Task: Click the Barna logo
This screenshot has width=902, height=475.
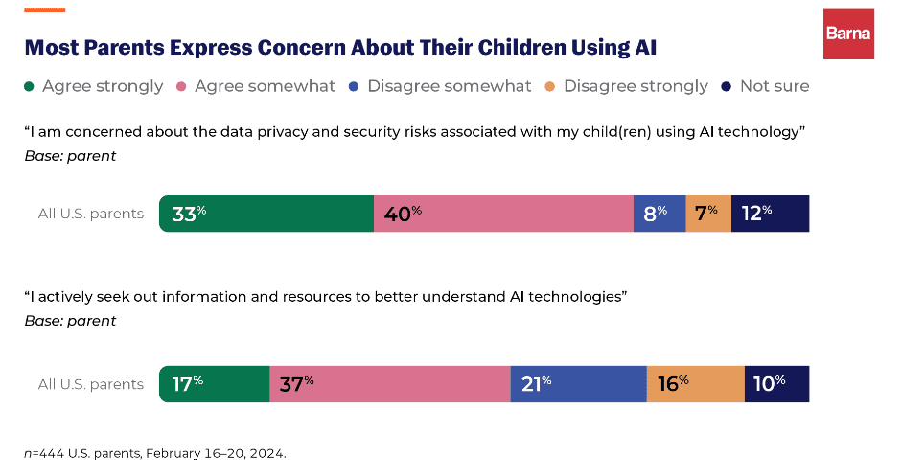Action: pyautogui.click(x=848, y=34)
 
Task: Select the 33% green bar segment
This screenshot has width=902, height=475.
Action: pyautogui.click(x=266, y=214)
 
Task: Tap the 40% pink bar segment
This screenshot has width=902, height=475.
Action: pyautogui.click(x=503, y=214)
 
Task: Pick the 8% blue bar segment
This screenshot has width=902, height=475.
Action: pyautogui.click(x=659, y=214)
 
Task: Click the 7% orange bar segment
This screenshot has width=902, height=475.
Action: pyautogui.click(x=708, y=214)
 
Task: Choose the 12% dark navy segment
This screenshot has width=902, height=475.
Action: pyautogui.click(x=770, y=214)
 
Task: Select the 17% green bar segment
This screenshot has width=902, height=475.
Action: pyautogui.click(x=215, y=384)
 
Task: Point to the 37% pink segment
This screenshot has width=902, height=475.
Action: pyautogui.click(x=389, y=384)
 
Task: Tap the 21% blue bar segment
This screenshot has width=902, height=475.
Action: pyautogui.click(x=578, y=384)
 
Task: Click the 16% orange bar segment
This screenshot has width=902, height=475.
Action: pyautogui.click(x=696, y=384)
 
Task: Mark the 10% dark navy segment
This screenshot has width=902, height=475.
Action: pyautogui.click(x=776, y=384)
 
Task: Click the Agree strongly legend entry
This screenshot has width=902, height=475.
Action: pyautogui.click(x=94, y=86)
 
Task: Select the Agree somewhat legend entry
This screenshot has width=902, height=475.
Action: pyautogui.click(x=256, y=86)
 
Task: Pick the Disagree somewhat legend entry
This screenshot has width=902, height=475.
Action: pyautogui.click(x=441, y=86)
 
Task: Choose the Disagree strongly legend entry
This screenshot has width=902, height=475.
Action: pyautogui.click(x=627, y=86)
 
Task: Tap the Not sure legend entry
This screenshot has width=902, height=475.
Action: pyautogui.click(x=766, y=86)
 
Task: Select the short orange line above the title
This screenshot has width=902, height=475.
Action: pyautogui.click(x=44, y=11)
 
